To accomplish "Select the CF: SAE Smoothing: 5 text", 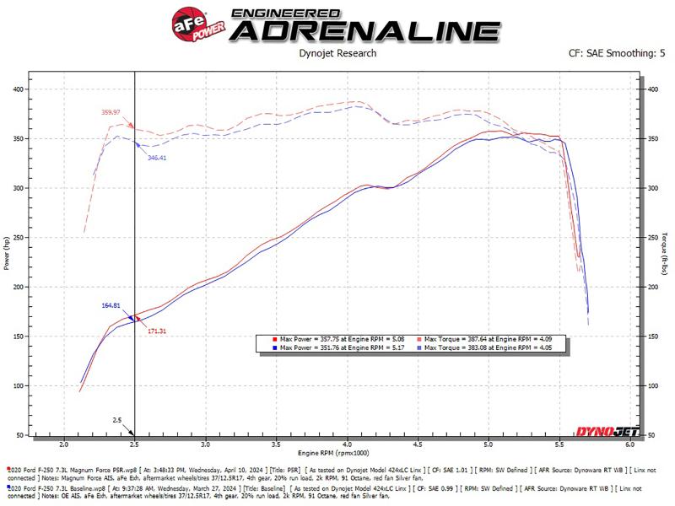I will click(x=619, y=53).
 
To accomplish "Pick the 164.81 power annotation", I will click(x=111, y=305).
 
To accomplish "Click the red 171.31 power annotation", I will click(x=156, y=331).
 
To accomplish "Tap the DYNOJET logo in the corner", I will click(x=611, y=430).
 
